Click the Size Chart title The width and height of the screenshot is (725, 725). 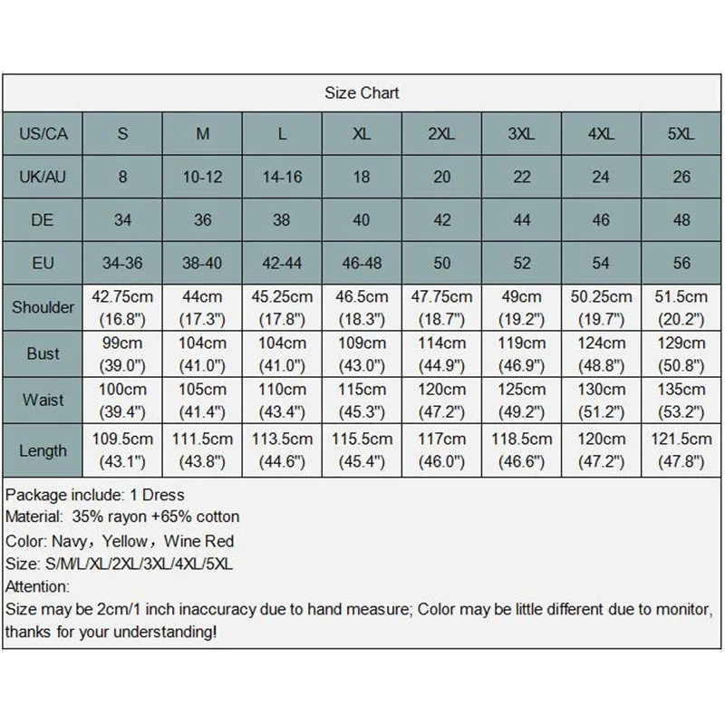click(362, 93)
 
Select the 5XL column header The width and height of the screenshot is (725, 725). click(681, 134)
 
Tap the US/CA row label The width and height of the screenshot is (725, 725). click(43, 134)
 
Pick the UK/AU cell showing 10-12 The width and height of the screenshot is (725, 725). click(202, 177)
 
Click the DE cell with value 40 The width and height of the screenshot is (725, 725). click(362, 219)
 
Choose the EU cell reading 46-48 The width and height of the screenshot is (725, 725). click(362, 263)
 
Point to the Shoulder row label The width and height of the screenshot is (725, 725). click(43, 307)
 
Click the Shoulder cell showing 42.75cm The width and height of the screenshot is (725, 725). click(122, 307)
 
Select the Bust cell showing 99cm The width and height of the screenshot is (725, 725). click(122, 353)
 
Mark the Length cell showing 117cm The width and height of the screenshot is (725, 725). click(441, 450)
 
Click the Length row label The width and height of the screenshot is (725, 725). click(43, 450)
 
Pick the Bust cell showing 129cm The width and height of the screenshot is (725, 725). click(681, 353)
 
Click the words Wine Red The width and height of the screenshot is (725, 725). click(200, 541)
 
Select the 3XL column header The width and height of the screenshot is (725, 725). click(521, 134)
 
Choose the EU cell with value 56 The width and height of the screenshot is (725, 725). click(681, 263)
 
